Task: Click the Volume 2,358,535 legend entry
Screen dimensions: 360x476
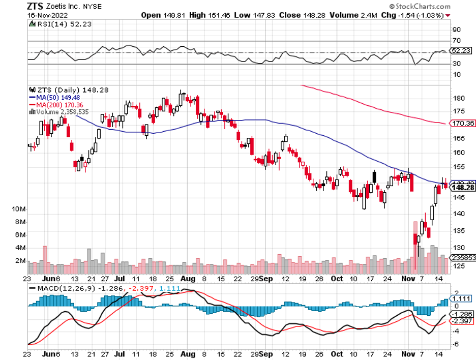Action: point(60,111)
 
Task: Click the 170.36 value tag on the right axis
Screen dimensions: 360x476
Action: point(463,123)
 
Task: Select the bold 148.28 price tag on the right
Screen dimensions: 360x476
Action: point(463,187)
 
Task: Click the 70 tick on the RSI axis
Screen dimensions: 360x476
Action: point(456,40)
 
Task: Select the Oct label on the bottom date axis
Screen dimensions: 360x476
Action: point(336,279)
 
